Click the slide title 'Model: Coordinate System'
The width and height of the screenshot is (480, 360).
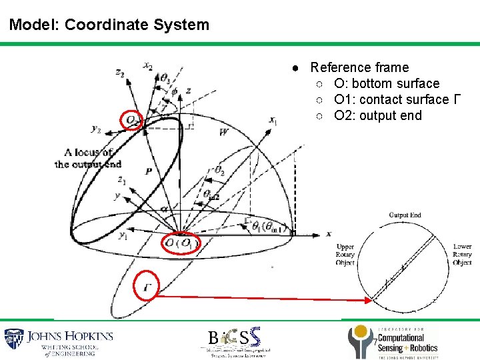(109, 25)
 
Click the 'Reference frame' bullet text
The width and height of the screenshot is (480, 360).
(359, 67)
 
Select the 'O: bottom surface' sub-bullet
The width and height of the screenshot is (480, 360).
(387, 83)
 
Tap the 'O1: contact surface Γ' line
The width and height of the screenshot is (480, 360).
(397, 99)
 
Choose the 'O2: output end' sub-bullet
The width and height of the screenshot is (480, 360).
(377, 115)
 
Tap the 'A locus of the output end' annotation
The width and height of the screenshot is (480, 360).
(88, 158)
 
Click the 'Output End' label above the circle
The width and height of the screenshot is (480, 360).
(405, 215)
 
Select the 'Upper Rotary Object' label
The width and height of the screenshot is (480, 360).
(345, 254)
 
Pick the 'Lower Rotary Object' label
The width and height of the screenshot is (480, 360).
(462, 254)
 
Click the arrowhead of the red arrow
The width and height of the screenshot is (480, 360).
(367, 301)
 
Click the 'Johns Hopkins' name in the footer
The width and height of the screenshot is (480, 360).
(70, 337)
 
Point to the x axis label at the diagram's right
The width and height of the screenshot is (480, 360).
(328, 233)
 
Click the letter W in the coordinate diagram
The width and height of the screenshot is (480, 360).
(223, 133)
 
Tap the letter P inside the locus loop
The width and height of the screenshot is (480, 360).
(149, 171)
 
